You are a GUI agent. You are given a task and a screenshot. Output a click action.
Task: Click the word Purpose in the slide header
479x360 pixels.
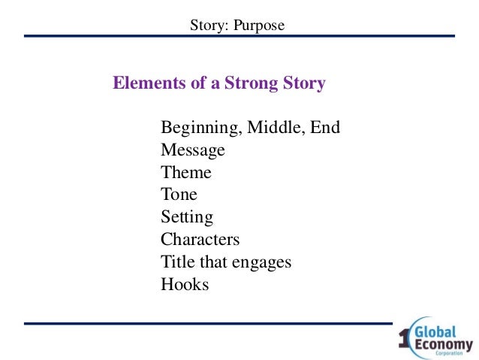click(260, 26)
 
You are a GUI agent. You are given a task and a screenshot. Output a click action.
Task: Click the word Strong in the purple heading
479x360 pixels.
click(252, 83)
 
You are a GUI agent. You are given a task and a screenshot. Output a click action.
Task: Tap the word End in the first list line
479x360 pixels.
click(326, 128)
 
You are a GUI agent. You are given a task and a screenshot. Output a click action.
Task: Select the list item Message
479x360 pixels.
click(192, 150)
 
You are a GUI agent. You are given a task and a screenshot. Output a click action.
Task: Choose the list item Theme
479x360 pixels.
click(185, 173)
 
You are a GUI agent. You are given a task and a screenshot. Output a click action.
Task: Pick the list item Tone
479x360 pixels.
click(179, 195)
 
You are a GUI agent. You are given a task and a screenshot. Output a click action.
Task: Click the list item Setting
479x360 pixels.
click(187, 218)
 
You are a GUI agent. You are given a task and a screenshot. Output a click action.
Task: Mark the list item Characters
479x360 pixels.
click(200, 240)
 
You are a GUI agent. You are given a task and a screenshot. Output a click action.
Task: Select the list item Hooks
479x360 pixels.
click(184, 285)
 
